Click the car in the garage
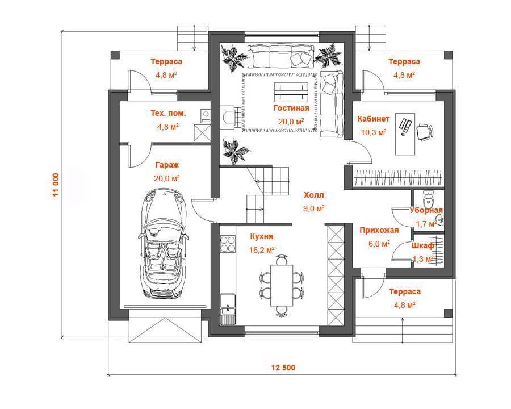click(164, 243)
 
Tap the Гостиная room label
click(291, 108)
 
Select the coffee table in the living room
click(291, 91)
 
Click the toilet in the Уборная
click(428, 198)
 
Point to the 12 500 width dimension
click(283, 368)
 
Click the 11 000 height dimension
click(56, 184)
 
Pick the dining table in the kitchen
click(282, 285)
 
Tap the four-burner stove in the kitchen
click(228, 244)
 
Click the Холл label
click(314, 195)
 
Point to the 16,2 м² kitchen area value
click(262, 250)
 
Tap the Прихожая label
click(379, 230)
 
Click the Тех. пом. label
click(168, 114)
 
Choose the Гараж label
click(167, 165)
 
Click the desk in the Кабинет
click(405, 133)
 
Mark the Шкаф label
click(422, 245)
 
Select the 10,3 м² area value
click(374, 132)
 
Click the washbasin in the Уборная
click(439, 220)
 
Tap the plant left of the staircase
click(235, 151)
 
